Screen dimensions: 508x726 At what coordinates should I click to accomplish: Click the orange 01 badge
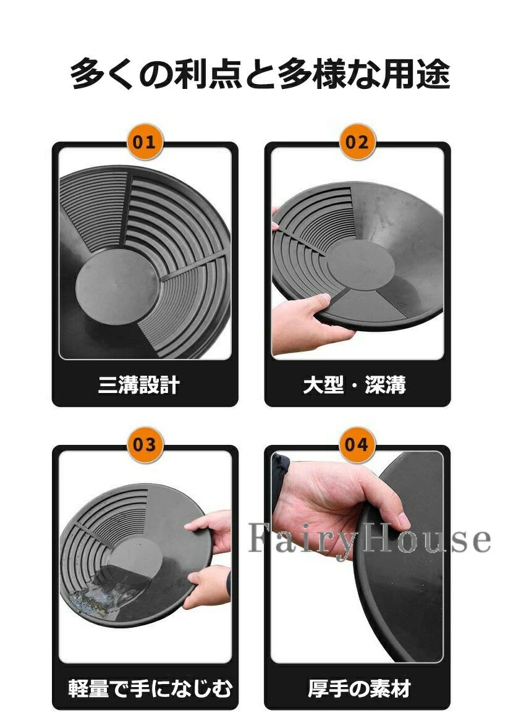tap(144, 141)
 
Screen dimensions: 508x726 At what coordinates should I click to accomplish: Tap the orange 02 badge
tap(357, 141)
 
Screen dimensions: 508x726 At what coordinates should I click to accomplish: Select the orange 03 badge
tap(144, 444)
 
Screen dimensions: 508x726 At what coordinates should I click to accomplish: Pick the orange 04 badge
tap(357, 444)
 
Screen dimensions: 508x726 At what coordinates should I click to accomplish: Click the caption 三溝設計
tap(139, 385)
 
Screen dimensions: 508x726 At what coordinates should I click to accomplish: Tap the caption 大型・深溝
tap(354, 385)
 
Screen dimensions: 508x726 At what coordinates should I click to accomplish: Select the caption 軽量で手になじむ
tap(149, 688)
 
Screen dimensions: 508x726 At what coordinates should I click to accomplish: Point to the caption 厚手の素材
tap(359, 688)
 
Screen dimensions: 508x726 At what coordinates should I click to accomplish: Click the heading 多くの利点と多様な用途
tap(260, 73)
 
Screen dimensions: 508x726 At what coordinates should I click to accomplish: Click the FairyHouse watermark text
tap(369, 539)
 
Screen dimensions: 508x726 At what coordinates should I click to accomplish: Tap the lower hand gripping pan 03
tap(208, 586)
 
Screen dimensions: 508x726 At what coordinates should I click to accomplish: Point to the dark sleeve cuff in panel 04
tap(279, 478)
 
